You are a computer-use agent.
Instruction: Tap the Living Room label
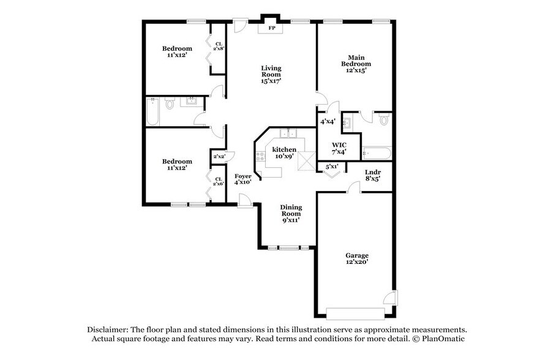click(x=271, y=74)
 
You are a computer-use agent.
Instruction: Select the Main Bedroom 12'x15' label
click(x=355, y=64)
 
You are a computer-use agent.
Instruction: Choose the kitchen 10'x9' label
click(x=284, y=152)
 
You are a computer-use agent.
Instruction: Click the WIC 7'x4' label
click(x=339, y=148)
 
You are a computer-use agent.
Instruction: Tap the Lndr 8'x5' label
click(x=372, y=175)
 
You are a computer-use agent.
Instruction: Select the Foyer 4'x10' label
click(x=242, y=179)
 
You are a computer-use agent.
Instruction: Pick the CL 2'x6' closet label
click(x=218, y=181)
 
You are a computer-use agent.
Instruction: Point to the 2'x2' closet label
click(x=219, y=157)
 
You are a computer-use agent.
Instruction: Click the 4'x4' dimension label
click(x=328, y=122)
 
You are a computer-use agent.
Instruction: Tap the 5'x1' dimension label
click(x=332, y=166)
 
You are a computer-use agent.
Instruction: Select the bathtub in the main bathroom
click(x=375, y=152)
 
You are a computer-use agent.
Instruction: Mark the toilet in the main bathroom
click(x=384, y=119)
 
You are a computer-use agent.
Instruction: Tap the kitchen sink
click(x=288, y=133)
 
